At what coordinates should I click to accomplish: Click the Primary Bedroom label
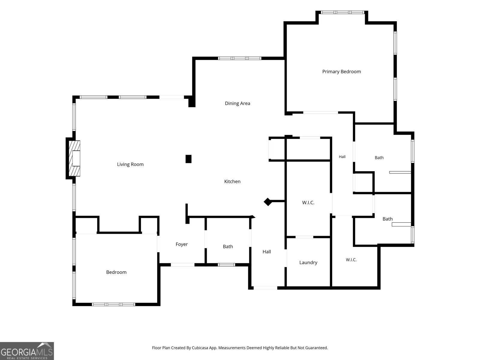tap(341, 72)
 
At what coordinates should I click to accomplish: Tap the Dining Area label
tap(238, 103)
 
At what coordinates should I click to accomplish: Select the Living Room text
tap(130, 164)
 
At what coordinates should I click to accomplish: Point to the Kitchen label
tap(232, 181)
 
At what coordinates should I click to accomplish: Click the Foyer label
tap(181, 244)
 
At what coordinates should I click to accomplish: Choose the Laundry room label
tap(308, 262)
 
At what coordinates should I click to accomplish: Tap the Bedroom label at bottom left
tap(116, 272)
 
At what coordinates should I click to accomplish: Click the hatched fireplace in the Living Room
tap(74, 158)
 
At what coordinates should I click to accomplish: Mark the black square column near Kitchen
tap(188, 159)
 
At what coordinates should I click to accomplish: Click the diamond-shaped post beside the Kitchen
tap(268, 202)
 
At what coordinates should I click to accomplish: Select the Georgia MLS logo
tap(27, 351)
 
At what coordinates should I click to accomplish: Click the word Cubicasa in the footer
tap(200, 348)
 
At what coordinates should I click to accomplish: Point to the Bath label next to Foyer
tap(228, 247)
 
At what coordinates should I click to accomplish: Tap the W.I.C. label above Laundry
tap(308, 202)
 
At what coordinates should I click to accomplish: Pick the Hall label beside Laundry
tap(267, 252)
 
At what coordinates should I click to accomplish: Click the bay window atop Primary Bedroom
tap(342, 13)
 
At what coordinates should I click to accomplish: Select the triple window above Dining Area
tap(239, 58)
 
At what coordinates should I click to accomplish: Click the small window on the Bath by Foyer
tap(226, 265)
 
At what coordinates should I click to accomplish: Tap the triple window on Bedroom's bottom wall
tap(113, 304)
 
